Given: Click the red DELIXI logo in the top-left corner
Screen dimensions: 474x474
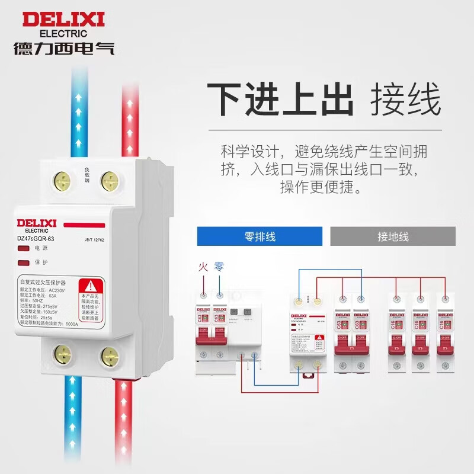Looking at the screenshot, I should pyautogui.click(x=63, y=20).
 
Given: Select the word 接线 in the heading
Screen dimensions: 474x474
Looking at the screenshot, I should pyautogui.click(x=406, y=100).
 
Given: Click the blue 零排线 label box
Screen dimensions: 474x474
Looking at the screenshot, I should pyautogui.click(x=260, y=236).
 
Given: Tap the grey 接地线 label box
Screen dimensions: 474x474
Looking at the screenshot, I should pyautogui.click(x=393, y=236).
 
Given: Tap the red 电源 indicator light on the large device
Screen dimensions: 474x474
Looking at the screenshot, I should pyautogui.click(x=24, y=248).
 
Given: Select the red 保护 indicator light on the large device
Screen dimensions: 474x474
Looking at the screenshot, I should pyautogui.click(x=24, y=262).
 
